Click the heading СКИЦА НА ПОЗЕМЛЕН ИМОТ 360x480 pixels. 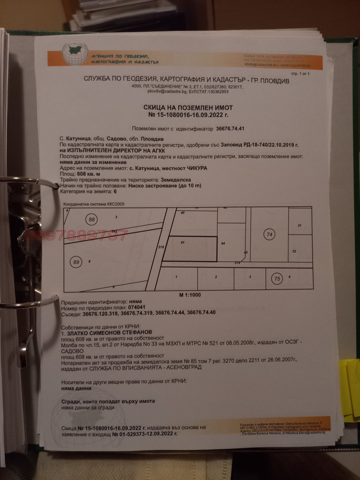pyautogui.click(x=188, y=108)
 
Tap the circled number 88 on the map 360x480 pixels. pyautogui.click(x=92, y=220)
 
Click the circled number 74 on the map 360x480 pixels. pyautogui.click(x=270, y=235)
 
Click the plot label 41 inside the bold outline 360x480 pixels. pyautogui.click(x=183, y=243)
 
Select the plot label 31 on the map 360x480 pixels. pyautogui.click(x=299, y=225)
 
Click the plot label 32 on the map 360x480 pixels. pyautogui.click(x=294, y=251)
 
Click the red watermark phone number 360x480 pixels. pyautogui.click(x=76, y=235)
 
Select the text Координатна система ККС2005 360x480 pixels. pyautogui.click(x=94, y=204)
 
